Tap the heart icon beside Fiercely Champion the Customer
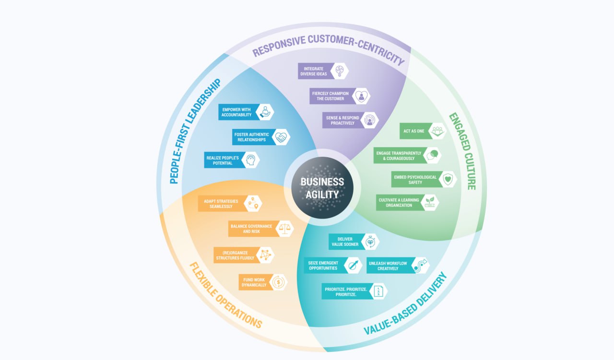(x=361, y=96)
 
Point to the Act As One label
(x=414, y=131)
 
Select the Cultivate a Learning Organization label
(x=398, y=202)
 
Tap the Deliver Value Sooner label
(x=345, y=242)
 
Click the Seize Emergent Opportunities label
(x=324, y=265)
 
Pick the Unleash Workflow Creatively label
(x=388, y=266)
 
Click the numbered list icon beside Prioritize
(x=379, y=291)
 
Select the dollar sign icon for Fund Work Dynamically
(x=278, y=282)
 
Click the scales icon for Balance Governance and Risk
(x=285, y=229)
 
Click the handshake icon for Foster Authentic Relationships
(x=281, y=137)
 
